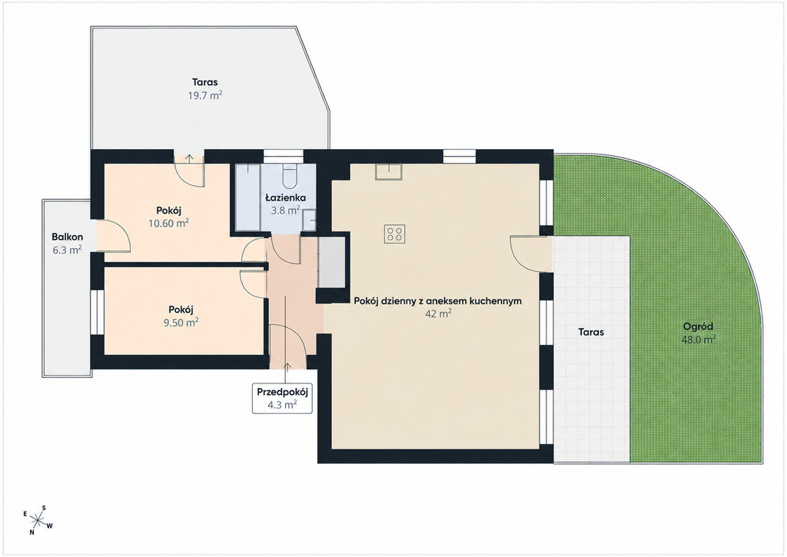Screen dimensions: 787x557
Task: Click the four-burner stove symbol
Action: (394, 234)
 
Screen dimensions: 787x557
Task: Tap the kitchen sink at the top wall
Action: (388, 171)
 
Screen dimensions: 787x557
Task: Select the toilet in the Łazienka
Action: (290, 176)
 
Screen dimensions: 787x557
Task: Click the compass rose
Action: (38, 520)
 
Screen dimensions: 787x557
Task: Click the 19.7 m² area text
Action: (204, 95)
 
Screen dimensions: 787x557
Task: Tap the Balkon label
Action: (68, 237)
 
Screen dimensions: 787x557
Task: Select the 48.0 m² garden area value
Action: (698, 340)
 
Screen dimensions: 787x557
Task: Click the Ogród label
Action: (698, 327)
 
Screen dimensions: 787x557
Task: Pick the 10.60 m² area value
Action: (168, 224)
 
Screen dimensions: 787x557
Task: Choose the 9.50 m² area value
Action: (181, 322)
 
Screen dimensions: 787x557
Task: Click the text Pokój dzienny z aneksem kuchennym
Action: (437, 301)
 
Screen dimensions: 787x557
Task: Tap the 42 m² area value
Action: (438, 314)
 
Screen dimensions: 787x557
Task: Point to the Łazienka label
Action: (286, 197)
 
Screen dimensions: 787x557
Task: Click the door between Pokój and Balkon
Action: (114, 236)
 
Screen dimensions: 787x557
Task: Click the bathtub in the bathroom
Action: (248, 197)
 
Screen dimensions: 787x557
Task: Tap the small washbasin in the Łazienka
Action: (310, 220)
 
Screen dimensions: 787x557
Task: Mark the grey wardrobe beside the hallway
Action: (332, 263)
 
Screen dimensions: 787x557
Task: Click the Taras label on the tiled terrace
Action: (591, 332)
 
